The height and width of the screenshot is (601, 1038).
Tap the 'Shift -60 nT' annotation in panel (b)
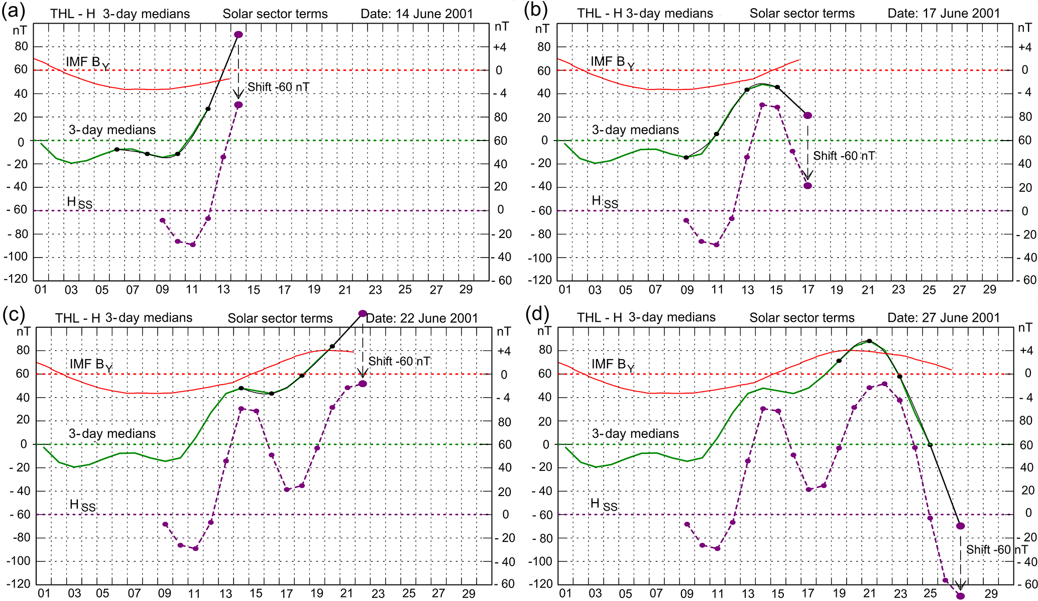click(x=844, y=156)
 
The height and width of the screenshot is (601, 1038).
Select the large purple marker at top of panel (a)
click(x=239, y=35)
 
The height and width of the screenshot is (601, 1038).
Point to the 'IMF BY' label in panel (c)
click(x=90, y=365)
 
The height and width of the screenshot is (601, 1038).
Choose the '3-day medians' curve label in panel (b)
click(x=635, y=130)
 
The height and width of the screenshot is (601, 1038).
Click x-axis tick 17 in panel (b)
click(x=808, y=290)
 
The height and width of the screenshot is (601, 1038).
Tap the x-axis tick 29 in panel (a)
click(x=466, y=290)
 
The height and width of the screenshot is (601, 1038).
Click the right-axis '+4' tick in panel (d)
click(x=1025, y=350)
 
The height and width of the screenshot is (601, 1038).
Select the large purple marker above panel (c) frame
click(x=363, y=313)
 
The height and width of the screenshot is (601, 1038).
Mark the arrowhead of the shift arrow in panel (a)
click(x=239, y=95)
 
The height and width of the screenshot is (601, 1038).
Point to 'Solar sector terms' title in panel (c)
click(x=280, y=318)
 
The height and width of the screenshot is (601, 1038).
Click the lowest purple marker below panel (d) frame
click(x=960, y=596)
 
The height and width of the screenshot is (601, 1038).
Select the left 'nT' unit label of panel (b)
click(x=542, y=29)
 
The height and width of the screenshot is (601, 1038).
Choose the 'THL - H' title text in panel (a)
click(x=72, y=14)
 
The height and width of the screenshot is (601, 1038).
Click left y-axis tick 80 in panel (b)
click(x=544, y=47)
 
